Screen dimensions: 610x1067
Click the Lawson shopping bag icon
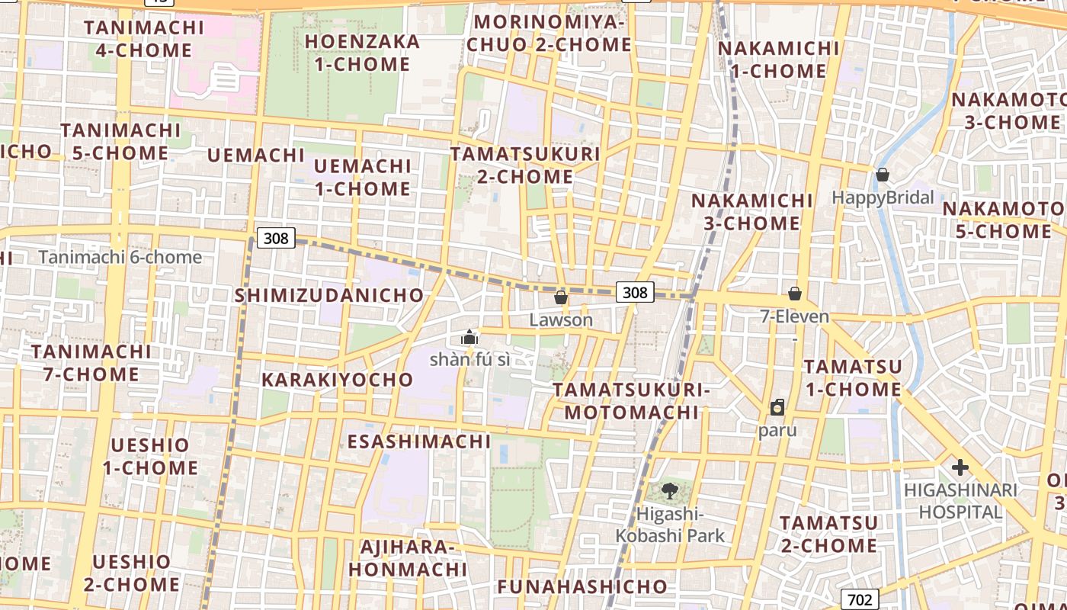click(x=561, y=297)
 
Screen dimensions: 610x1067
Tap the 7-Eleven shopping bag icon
click(x=795, y=294)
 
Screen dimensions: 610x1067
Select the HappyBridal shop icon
click(x=883, y=175)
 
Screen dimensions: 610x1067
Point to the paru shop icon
click(x=777, y=407)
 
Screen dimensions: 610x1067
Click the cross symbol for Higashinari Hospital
click(x=960, y=467)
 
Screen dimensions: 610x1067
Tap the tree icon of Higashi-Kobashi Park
click(x=670, y=491)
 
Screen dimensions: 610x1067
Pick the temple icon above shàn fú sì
click(x=469, y=337)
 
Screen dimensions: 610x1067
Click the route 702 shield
click(x=860, y=599)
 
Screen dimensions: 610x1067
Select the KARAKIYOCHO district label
click(x=337, y=380)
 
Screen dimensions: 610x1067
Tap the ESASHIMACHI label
click(x=419, y=441)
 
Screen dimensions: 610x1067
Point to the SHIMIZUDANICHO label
click(x=329, y=295)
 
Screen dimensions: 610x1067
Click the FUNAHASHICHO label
click(x=582, y=586)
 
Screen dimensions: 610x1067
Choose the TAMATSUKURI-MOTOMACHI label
click(x=631, y=401)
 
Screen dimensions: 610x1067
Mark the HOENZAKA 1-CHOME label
click(x=363, y=53)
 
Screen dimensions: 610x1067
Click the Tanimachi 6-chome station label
click(x=120, y=257)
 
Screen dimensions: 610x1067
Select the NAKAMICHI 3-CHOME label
click(x=751, y=212)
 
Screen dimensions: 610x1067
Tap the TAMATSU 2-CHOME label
click(x=828, y=535)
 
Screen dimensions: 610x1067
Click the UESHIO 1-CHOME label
click(x=150, y=456)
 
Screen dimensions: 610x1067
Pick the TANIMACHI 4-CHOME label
click(x=144, y=39)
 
